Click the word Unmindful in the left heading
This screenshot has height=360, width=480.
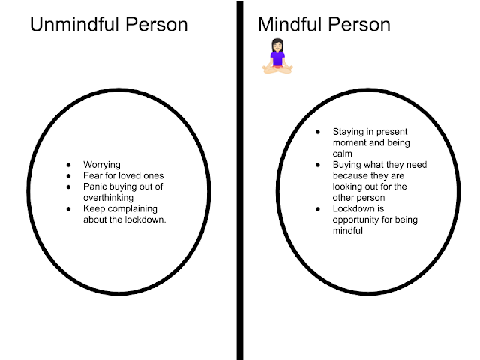tap(72, 25)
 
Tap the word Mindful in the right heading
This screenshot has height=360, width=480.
tap(288, 25)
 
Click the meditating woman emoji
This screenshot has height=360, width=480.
tap(277, 57)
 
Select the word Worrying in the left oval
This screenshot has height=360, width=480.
tap(102, 165)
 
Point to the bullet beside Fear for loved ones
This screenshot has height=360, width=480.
tap(69, 175)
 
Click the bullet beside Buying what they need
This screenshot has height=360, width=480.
tap(318, 165)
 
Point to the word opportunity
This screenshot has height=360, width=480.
tap(358, 220)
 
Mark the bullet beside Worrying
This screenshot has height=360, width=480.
tap(69, 165)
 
